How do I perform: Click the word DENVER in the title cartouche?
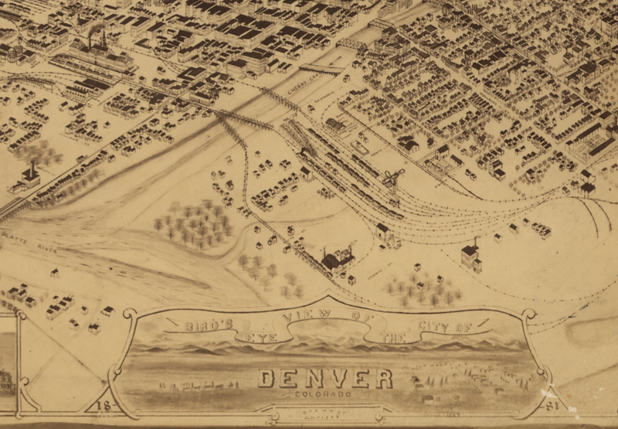[324, 378]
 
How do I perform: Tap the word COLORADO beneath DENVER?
[323, 394]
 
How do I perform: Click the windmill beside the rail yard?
[396, 176]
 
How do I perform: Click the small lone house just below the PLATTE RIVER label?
[55, 273]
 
